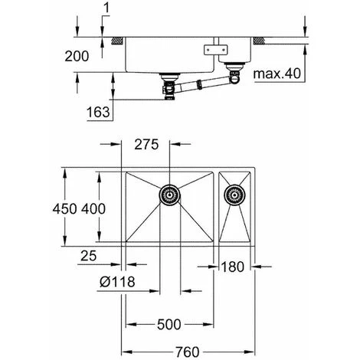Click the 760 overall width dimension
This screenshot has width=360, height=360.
coord(187,352)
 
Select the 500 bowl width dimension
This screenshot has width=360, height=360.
coord(169,325)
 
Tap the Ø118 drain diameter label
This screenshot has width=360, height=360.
coord(117,282)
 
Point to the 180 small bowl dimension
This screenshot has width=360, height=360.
coord(232,267)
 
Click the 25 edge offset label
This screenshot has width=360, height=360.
coord(89,256)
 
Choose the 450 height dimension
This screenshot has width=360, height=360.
coord(65,209)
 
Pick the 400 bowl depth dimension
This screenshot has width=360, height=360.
coord(93,209)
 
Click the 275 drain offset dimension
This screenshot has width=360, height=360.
coord(146,145)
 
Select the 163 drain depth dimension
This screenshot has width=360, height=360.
coord(98,112)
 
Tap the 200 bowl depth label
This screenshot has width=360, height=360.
coord(77,56)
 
